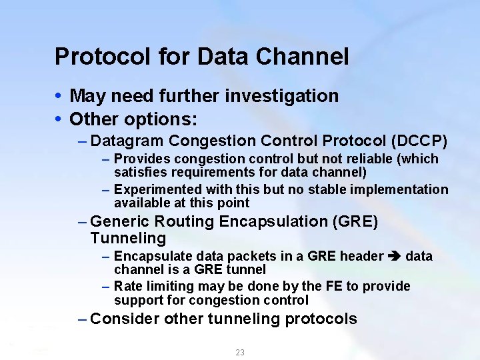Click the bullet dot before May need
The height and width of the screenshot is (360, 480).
59,96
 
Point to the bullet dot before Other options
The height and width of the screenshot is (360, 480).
59,119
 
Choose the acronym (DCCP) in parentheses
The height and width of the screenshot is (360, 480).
419,141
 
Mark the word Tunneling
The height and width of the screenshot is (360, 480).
128,238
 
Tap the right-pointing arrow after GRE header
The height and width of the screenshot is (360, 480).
395,257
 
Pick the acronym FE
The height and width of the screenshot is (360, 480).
333,286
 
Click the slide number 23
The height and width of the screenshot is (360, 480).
240,352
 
